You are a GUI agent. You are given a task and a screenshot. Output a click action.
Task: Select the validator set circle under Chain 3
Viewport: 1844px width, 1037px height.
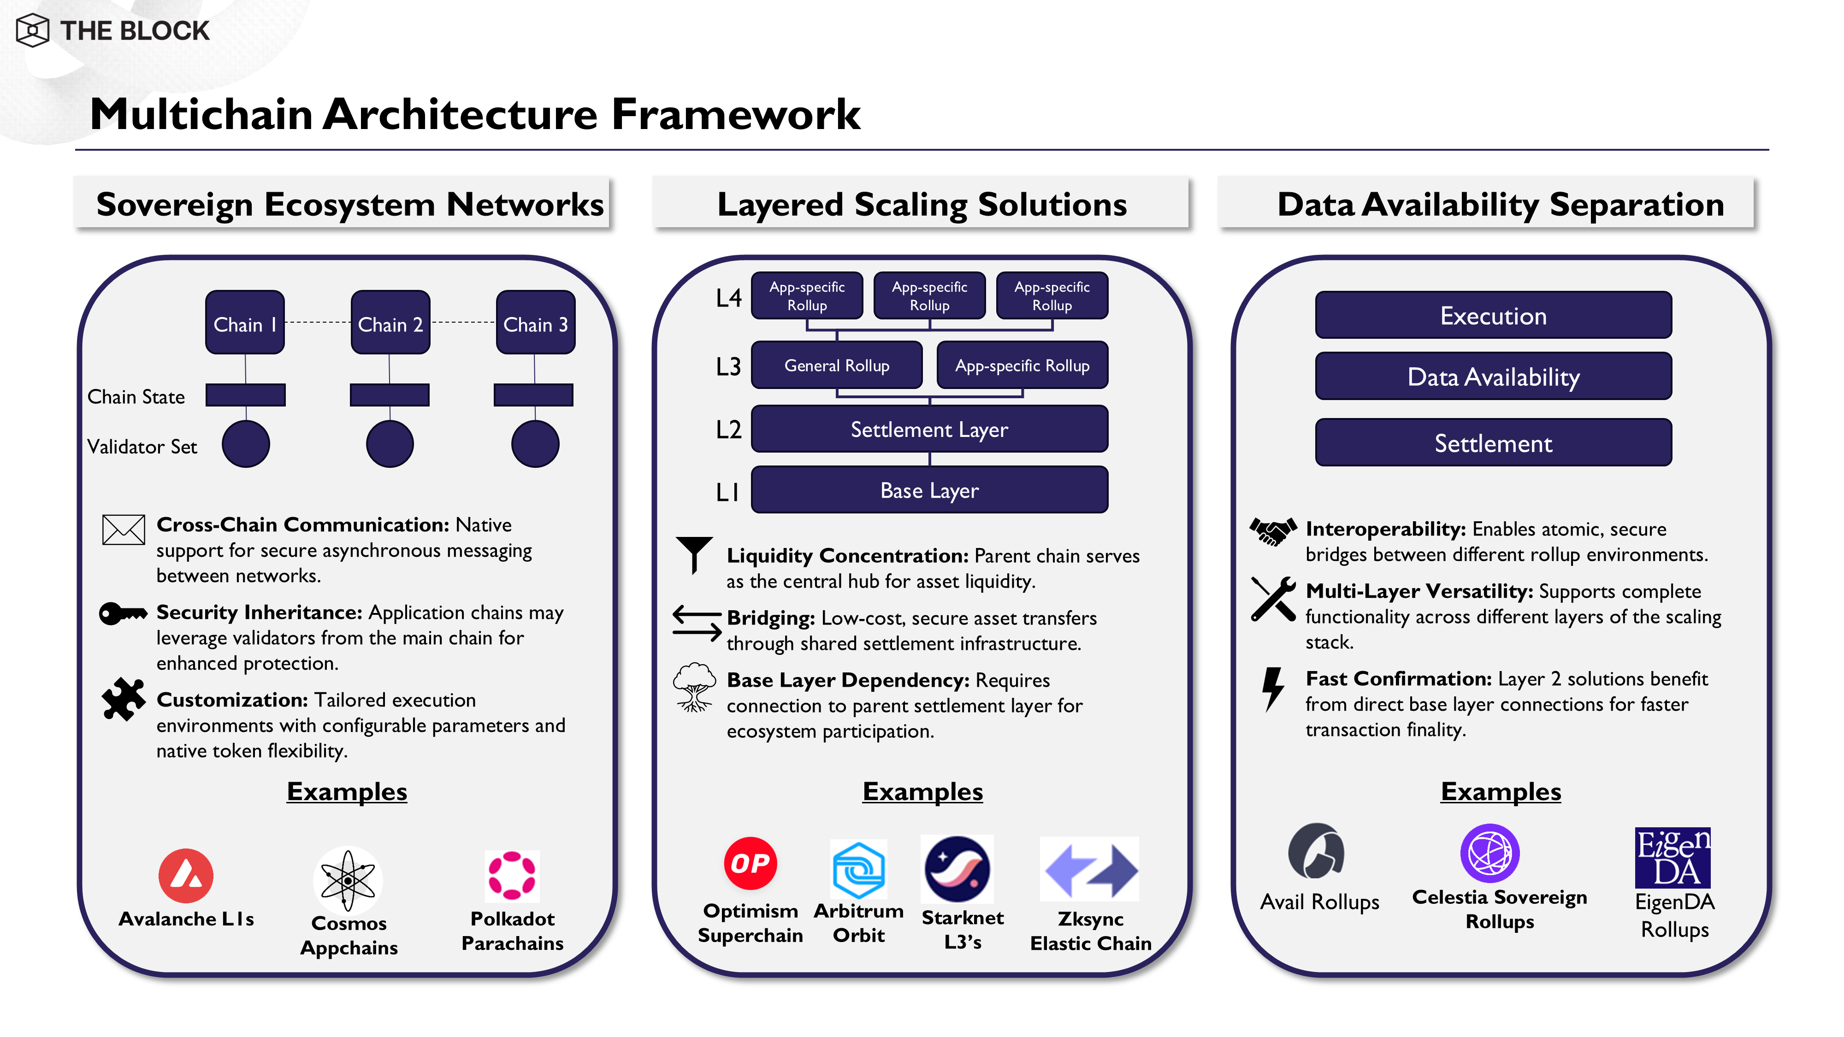(x=535, y=444)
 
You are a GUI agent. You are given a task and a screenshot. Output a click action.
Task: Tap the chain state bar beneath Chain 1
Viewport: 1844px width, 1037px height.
(x=246, y=395)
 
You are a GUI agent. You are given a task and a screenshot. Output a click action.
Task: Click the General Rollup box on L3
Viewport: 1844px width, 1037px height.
(x=836, y=365)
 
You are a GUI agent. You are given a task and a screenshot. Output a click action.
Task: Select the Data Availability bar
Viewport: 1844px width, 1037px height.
(x=1493, y=377)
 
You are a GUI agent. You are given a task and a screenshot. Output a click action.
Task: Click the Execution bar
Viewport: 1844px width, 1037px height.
(x=1493, y=316)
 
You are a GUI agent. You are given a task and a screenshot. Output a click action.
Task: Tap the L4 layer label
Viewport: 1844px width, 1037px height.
(x=729, y=298)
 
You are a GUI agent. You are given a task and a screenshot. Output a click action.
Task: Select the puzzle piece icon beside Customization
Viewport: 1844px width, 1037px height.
(x=123, y=699)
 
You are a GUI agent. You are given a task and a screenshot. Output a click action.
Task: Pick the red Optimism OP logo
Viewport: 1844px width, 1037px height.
(x=750, y=863)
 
